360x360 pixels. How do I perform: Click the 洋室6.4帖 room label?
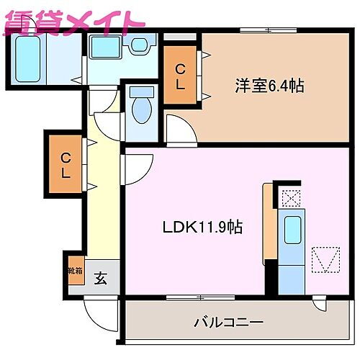[x=269, y=86]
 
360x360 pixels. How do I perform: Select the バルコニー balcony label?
[x=228, y=321]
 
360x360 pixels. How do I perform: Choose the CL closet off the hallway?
[x=66, y=165]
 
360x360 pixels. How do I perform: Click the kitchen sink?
[x=292, y=230]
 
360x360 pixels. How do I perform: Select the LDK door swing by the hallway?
[x=135, y=168]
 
